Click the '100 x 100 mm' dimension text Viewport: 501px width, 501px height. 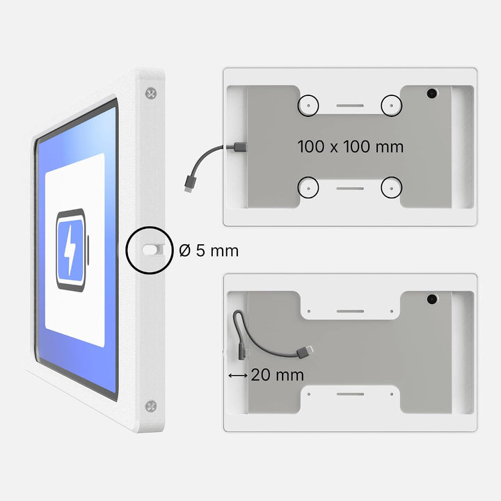(351, 147)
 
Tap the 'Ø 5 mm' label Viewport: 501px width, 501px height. (209, 250)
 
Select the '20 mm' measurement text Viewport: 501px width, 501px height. (277, 375)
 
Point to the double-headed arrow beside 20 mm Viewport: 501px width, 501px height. (238, 376)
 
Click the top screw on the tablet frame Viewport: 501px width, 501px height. (151, 93)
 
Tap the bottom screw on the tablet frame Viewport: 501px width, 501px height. (151, 406)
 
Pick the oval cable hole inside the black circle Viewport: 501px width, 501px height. (150, 250)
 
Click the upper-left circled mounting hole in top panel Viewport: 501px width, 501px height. (308, 106)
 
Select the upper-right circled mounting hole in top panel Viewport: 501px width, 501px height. (391, 106)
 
